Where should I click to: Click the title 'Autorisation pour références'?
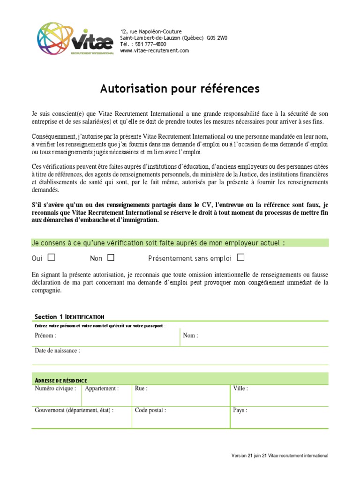(x=180, y=89)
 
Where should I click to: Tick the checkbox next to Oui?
(x=52, y=257)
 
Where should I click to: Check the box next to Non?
(x=111, y=257)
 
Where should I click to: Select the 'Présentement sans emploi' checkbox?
(x=240, y=257)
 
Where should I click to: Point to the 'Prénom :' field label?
(x=45, y=336)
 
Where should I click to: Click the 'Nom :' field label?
(x=190, y=336)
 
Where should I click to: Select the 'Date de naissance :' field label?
(x=57, y=351)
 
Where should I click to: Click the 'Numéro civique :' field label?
(x=55, y=389)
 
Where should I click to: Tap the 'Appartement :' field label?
(x=102, y=389)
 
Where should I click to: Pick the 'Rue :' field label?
(x=141, y=389)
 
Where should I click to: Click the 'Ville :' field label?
(x=240, y=389)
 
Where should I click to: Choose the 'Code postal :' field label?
(x=150, y=410)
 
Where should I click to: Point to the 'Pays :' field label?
(x=240, y=410)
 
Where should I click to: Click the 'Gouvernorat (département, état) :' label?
(x=74, y=410)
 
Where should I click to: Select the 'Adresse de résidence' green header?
(x=61, y=380)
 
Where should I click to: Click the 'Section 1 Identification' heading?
(x=69, y=317)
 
